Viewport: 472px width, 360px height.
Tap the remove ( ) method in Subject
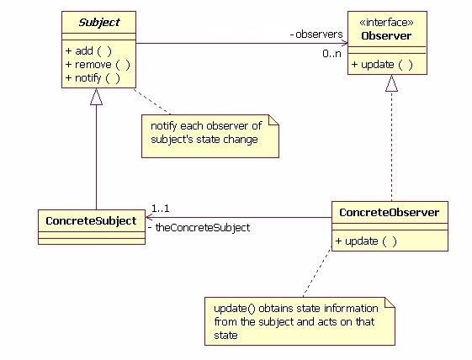[x=97, y=64]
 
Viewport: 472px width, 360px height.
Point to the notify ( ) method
[x=93, y=77]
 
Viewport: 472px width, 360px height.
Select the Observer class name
[x=385, y=35]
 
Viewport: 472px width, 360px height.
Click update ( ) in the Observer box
[x=383, y=64]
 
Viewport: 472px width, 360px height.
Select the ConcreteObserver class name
[x=389, y=213]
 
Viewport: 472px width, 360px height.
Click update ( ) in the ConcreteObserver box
[x=366, y=241]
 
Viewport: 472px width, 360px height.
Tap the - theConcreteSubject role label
[x=199, y=227]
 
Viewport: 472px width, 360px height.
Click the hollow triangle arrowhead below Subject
[x=97, y=97]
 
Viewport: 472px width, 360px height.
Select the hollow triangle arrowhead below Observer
[x=391, y=83]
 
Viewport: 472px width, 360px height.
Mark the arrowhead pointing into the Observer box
[x=343, y=43]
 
